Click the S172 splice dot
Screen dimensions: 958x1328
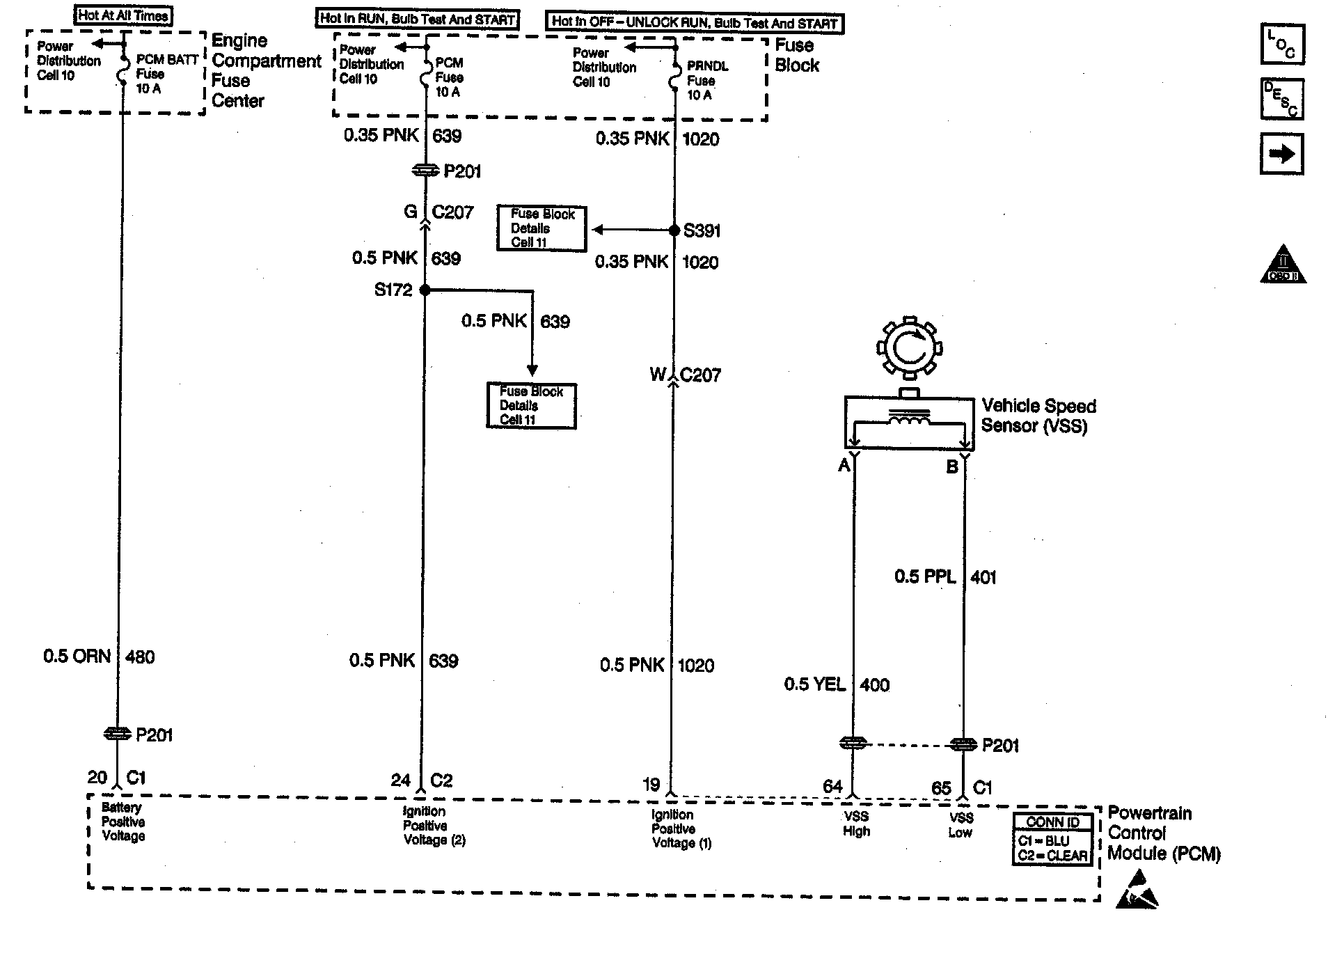coord(425,290)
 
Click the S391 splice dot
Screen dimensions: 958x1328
coord(674,230)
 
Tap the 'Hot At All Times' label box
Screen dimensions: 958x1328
coord(123,15)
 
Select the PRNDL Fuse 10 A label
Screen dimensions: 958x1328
coord(706,80)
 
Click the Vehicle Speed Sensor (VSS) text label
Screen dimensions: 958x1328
coord(1038,416)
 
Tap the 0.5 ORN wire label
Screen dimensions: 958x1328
coord(77,657)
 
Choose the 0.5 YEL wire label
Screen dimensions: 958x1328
coord(814,684)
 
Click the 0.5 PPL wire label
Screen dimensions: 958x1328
coord(924,576)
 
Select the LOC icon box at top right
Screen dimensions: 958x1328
coord(1282,44)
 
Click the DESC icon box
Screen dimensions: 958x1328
coord(1282,99)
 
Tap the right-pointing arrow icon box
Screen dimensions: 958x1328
coord(1282,154)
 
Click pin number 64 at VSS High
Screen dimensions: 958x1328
coord(832,786)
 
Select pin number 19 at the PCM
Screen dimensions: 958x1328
coord(651,785)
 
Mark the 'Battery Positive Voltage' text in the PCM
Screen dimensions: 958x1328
coord(122,822)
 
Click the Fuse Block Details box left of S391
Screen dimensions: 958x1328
coord(542,228)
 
